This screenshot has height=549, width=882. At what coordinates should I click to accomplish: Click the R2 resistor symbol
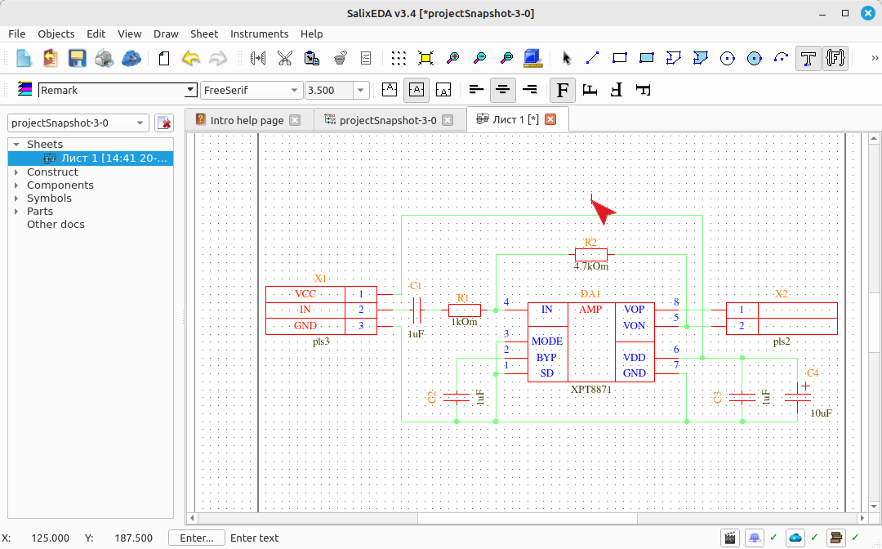[x=591, y=254]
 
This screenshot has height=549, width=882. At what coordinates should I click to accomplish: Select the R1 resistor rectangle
[x=465, y=310]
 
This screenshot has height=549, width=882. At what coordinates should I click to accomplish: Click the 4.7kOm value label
[x=591, y=266]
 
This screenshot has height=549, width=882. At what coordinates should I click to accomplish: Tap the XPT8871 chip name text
[x=591, y=389]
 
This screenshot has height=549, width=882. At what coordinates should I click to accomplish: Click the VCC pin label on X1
[x=305, y=293]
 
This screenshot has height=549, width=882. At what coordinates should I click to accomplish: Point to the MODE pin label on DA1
[x=546, y=341]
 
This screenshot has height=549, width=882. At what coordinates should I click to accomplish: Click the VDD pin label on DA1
[x=634, y=358]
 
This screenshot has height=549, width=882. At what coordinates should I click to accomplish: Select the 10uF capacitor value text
[x=822, y=413]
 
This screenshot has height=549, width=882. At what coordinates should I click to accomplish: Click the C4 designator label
[x=813, y=373]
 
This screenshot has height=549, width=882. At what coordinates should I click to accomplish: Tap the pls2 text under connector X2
[x=782, y=341]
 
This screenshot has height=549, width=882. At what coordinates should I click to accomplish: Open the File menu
[x=17, y=33]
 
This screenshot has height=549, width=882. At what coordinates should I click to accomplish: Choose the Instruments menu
[x=260, y=33]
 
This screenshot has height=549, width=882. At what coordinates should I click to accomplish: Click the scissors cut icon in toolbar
[x=285, y=58]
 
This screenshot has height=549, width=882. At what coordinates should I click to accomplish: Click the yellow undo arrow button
[x=191, y=58]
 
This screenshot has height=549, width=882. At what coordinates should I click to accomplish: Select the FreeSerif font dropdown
[x=251, y=90]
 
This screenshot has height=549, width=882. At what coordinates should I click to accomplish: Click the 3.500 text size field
[x=329, y=90]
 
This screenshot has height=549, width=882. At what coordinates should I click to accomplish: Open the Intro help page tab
[x=247, y=120]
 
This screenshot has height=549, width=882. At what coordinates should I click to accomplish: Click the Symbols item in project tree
[x=50, y=198]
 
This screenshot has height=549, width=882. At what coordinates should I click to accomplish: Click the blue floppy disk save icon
[x=77, y=58]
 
